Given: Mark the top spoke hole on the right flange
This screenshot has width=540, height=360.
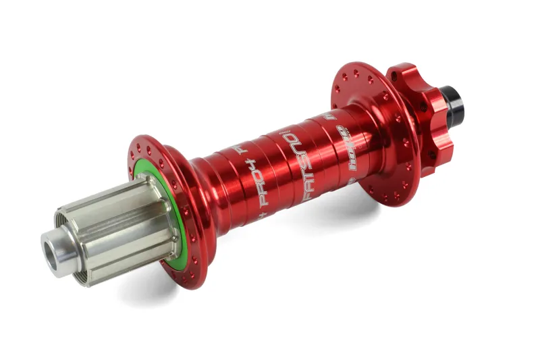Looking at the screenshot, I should (350, 68).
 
